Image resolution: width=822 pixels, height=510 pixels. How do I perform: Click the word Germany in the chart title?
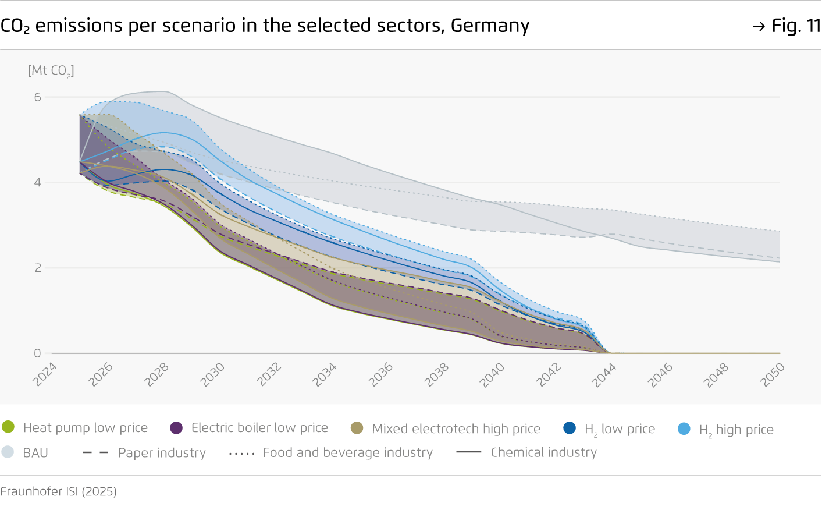490,26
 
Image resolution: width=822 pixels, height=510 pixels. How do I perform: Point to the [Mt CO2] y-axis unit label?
51,71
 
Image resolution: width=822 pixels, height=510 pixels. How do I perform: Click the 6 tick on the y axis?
37,97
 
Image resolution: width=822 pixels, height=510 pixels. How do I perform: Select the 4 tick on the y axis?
37,183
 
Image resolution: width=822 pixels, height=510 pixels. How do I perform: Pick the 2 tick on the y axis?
37,268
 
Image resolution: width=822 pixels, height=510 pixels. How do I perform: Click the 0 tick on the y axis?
37,353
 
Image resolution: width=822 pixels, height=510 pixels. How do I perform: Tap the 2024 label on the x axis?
44,374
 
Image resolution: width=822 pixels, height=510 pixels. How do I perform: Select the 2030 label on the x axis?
212,374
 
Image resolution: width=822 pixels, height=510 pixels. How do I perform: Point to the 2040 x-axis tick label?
492,374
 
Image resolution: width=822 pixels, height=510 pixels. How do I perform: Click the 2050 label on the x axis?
772,374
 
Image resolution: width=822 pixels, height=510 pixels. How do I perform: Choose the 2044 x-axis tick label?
604,374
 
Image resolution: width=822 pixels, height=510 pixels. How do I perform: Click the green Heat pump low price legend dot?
8,427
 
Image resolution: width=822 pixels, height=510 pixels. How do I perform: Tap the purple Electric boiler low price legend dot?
176,428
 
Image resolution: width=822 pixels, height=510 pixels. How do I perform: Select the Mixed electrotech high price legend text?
456,429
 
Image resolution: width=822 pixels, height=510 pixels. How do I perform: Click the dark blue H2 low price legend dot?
570,428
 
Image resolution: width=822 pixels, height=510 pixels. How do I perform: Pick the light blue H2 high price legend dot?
684,429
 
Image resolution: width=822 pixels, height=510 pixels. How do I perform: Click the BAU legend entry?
35,453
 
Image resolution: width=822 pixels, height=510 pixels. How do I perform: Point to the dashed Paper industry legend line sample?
96,452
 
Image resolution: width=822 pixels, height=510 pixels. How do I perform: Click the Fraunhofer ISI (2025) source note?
59,491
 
